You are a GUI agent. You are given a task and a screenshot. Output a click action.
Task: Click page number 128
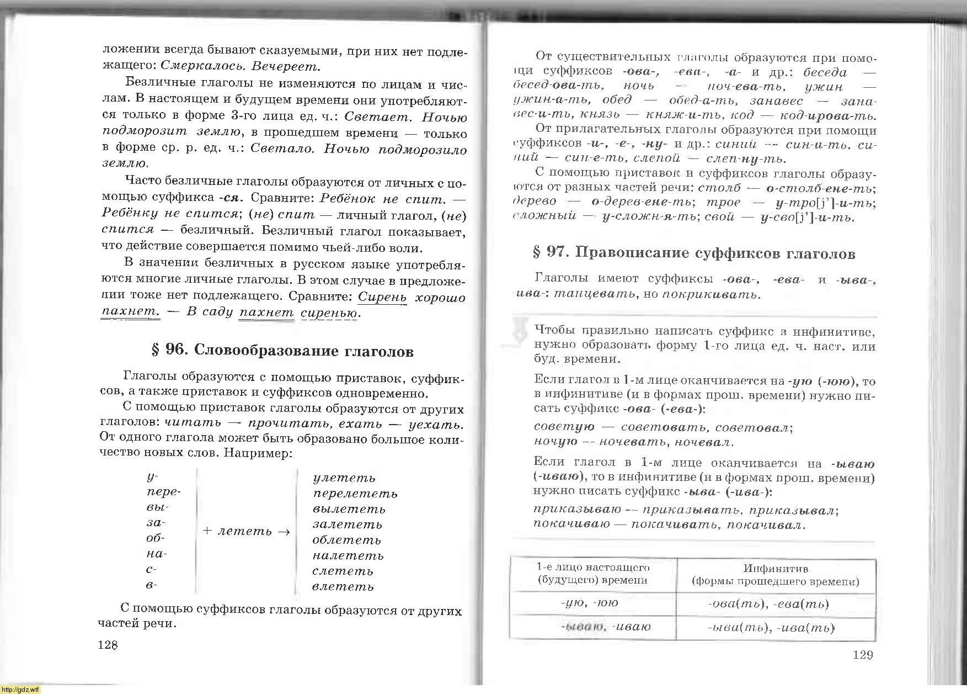tap(108, 645)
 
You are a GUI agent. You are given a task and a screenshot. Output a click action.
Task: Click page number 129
tap(863, 655)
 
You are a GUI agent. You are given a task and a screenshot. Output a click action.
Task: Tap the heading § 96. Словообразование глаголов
tap(282, 351)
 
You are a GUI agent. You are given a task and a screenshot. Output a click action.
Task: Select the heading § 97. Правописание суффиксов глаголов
tap(694, 253)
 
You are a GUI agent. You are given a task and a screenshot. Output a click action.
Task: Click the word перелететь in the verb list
tap(355, 494)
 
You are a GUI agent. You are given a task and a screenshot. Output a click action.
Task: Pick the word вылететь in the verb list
tap(349, 509)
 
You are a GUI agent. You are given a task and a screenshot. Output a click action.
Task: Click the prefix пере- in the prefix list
tap(164, 492)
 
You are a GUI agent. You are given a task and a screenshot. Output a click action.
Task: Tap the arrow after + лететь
tap(284, 532)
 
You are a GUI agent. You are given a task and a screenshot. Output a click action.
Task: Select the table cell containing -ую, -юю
tap(593, 603)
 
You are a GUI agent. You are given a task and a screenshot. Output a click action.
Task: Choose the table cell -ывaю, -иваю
tap(605, 627)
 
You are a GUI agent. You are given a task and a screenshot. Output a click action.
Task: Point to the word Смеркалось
tap(203, 67)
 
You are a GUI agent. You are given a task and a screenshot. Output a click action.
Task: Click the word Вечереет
tap(285, 67)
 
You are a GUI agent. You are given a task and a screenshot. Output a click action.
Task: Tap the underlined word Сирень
tap(382, 297)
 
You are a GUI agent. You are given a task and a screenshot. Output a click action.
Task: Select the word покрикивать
tap(710, 294)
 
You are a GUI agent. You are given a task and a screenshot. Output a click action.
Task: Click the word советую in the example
tap(564, 427)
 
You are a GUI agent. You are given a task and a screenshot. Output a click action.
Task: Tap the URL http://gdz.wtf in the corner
tap(20, 690)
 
